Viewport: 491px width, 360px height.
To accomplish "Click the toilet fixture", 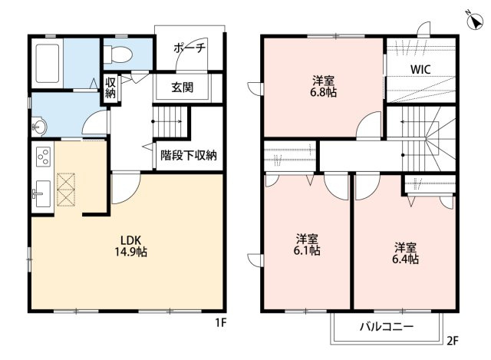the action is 117,54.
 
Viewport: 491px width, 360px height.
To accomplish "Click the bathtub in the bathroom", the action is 48,63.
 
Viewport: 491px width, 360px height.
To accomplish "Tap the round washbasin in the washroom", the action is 39,127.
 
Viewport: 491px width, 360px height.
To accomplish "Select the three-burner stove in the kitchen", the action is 43,157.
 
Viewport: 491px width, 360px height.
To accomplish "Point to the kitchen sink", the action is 42,193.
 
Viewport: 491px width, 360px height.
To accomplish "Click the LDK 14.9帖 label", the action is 130,246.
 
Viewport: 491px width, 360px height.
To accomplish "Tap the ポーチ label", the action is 189,48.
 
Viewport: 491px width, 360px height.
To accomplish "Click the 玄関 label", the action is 183,88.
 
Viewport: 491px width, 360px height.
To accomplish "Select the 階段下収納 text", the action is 189,155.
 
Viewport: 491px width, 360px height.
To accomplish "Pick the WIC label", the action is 420,69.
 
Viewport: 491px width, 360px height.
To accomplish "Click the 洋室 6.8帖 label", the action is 323,87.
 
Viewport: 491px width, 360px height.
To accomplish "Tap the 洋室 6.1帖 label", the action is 307,245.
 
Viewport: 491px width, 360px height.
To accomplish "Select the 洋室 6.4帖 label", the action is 405,253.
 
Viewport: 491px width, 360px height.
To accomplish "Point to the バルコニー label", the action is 387,327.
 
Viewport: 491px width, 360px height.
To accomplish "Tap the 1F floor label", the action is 221,322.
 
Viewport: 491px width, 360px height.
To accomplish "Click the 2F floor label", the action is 453,341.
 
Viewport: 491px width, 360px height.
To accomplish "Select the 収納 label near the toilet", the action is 110,88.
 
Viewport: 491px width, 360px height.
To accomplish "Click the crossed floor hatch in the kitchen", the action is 66,190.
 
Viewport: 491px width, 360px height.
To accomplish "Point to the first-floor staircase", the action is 170,121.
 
